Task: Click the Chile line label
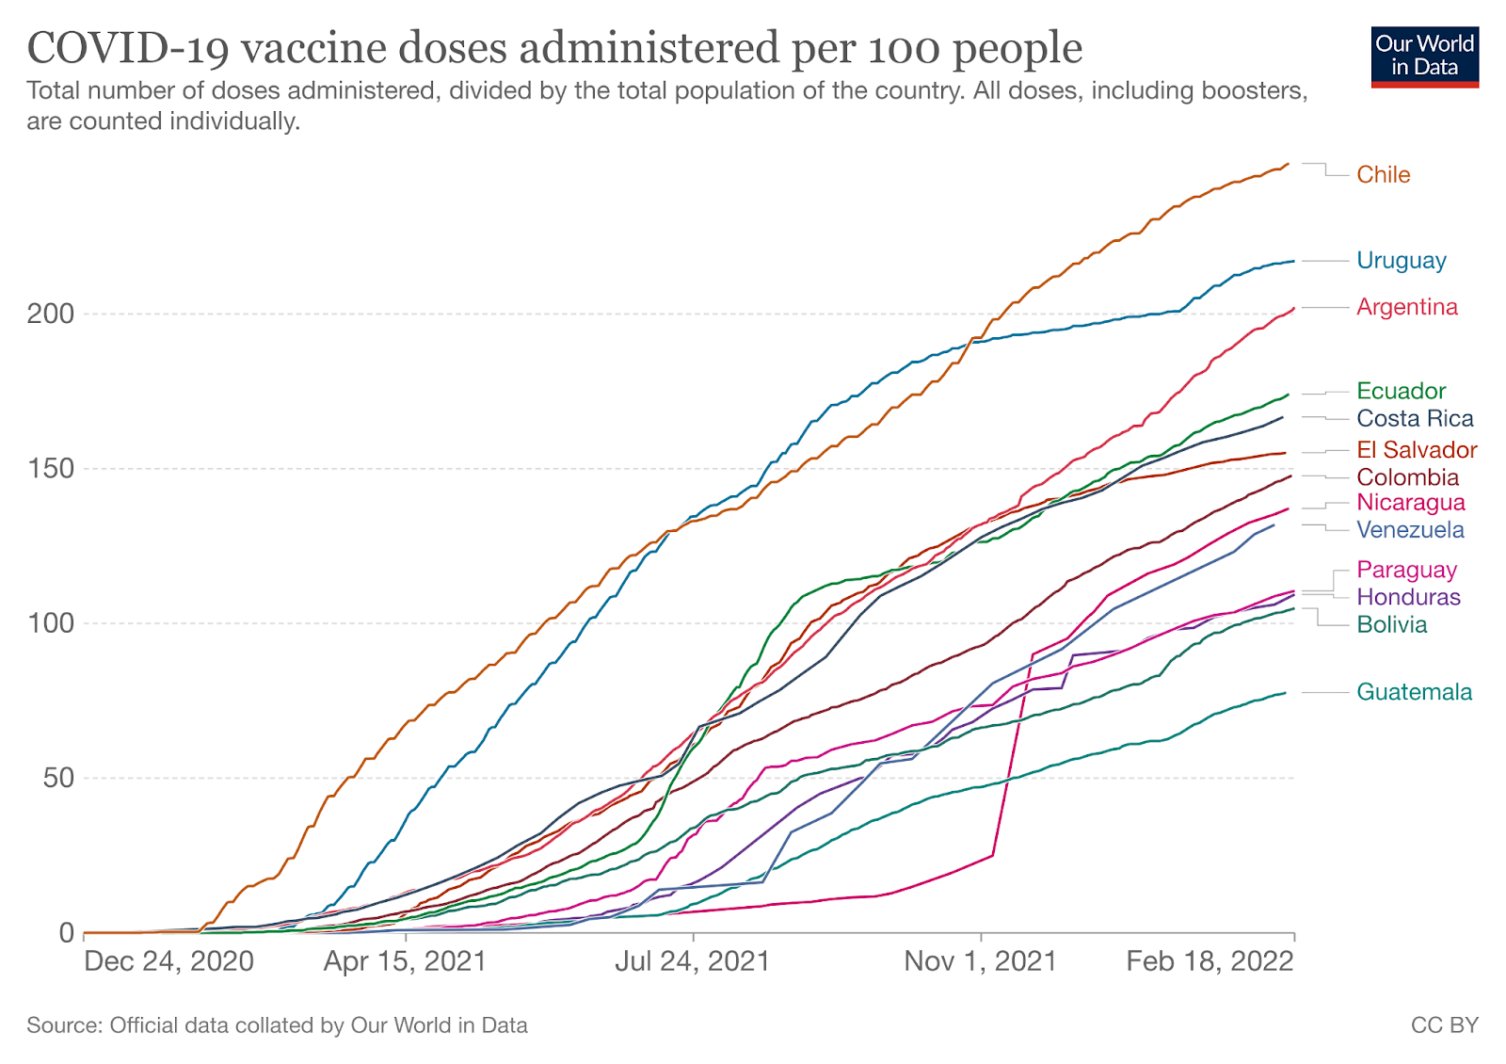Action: click(x=1383, y=174)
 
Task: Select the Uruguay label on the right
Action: click(x=1401, y=260)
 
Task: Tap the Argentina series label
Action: click(x=1406, y=307)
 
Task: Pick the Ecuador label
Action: click(x=1401, y=391)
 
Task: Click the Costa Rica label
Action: click(x=1415, y=418)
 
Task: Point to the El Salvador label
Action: click(x=1417, y=449)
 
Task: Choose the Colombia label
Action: click(x=1407, y=476)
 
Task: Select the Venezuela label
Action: click(x=1410, y=529)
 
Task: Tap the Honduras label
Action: click(x=1408, y=597)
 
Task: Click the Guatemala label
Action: click(x=1414, y=692)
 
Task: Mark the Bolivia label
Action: click(x=1391, y=624)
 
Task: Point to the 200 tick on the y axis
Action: click(x=50, y=314)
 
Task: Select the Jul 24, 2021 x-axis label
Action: click(x=693, y=961)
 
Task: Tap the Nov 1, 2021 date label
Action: click(x=980, y=961)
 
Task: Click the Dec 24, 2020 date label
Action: click(x=168, y=961)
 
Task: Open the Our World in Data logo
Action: click(x=1424, y=56)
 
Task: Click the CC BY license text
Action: click(x=1444, y=1025)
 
